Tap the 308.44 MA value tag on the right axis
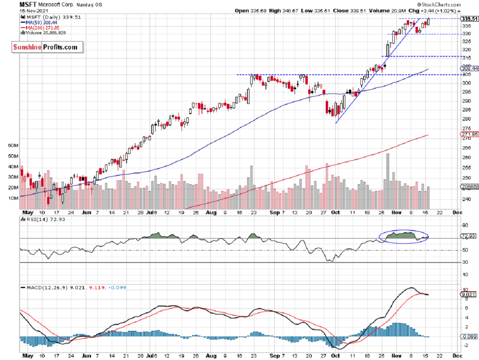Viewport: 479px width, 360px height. pyautogui.click(x=468, y=68)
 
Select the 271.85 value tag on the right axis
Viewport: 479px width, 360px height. pyautogui.click(x=468, y=135)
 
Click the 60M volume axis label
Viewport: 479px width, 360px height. pyautogui.click(x=13, y=146)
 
